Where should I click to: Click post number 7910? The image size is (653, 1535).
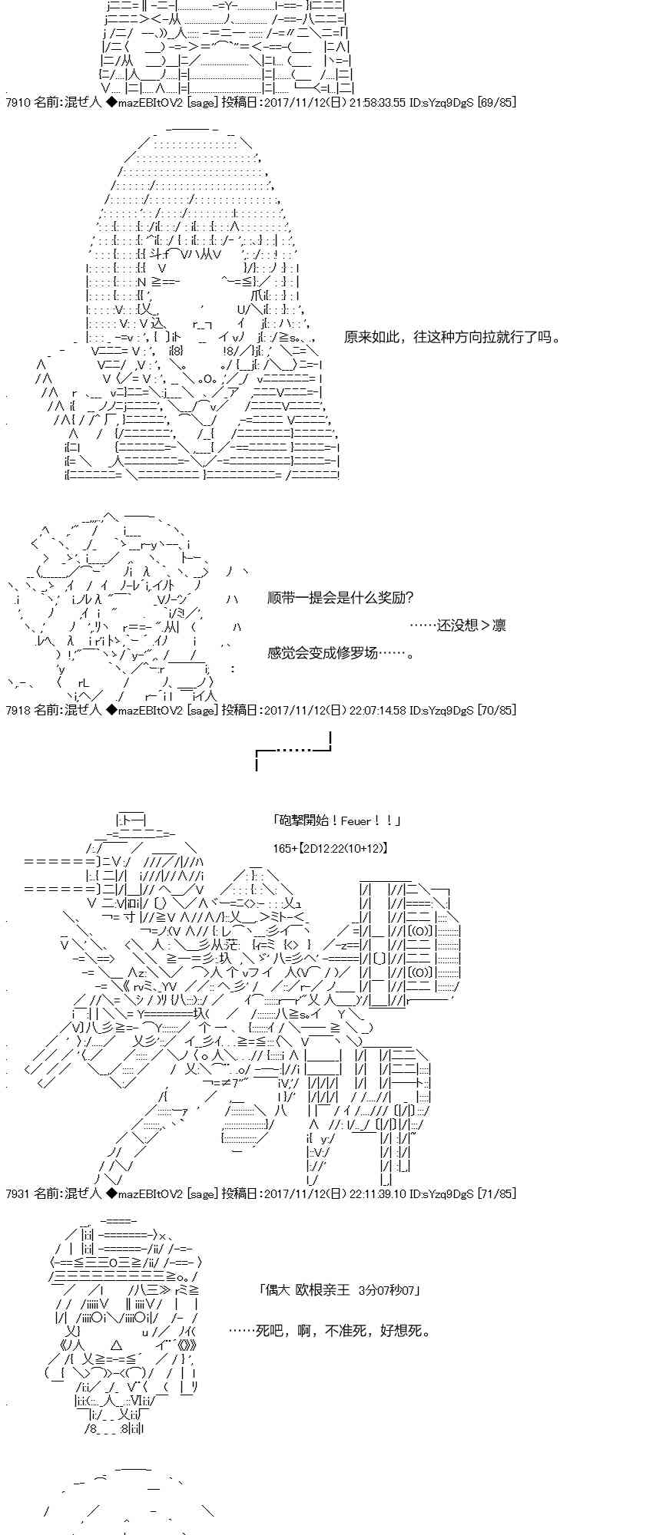[x=17, y=102]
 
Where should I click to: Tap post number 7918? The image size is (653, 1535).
[x=17, y=710]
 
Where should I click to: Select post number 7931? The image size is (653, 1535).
[x=17, y=1193]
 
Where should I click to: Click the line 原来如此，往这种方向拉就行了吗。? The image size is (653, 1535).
[x=452, y=337]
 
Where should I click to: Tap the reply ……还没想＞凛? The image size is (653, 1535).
[x=457, y=626]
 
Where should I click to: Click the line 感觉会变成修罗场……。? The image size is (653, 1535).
[x=341, y=653]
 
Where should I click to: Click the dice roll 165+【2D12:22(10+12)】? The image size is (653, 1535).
[x=330, y=848]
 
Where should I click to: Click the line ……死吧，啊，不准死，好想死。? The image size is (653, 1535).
[x=330, y=1330]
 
